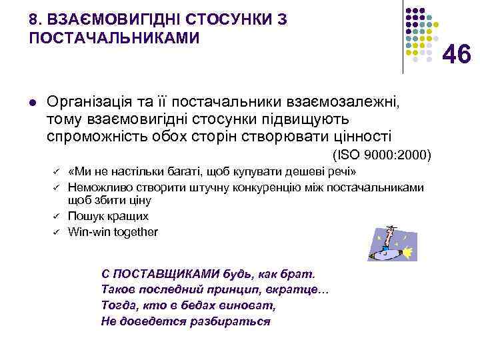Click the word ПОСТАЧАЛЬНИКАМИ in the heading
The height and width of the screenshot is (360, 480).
114,38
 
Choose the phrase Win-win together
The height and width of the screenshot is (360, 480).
113,232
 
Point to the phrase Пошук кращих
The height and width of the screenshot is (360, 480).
108,217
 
